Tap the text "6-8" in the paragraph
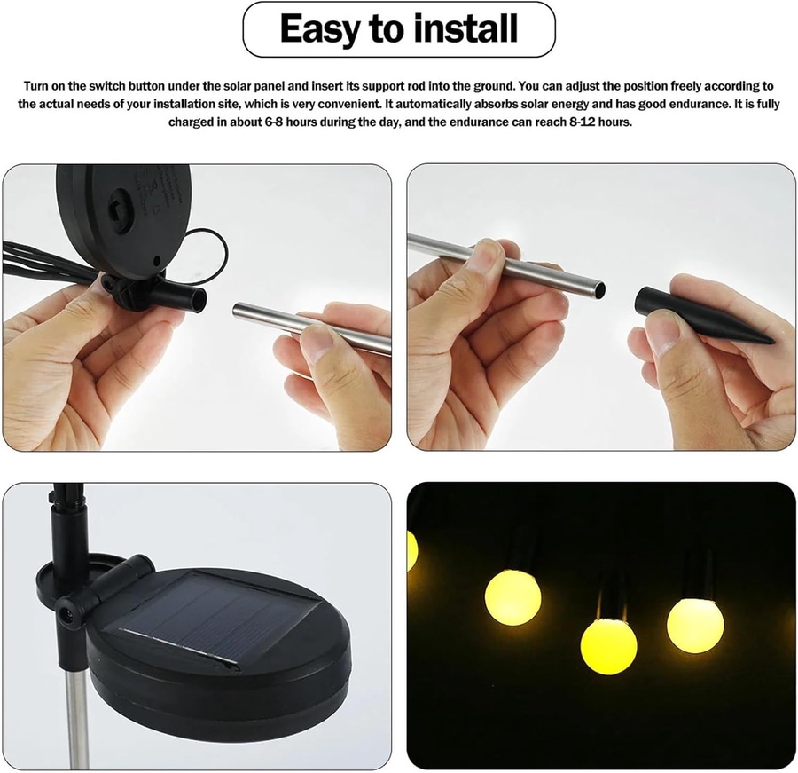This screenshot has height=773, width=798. tap(274, 122)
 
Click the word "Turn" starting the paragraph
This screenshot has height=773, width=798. tap(35, 85)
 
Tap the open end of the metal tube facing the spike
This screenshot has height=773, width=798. tap(600, 290)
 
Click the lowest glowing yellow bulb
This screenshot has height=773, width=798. tap(608, 645)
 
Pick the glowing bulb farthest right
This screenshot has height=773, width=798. tap(695, 626)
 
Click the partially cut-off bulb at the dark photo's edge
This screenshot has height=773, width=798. tap(412, 550)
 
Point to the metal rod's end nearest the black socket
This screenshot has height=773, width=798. tap(237, 311)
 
